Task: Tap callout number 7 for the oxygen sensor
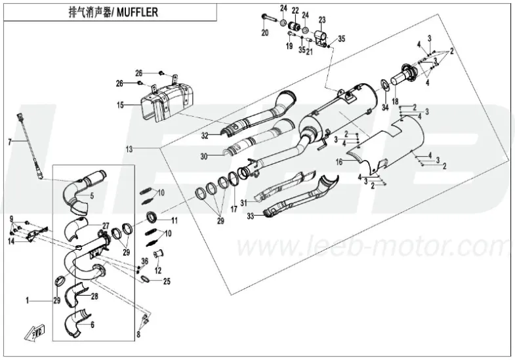coord(9,142)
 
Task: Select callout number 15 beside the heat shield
coord(120,105)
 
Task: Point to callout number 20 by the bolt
coord(265,33)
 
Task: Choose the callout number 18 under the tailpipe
coord(395,101)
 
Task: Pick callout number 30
coord(204,156)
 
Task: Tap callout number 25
coord(167,281)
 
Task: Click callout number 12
coord(157,270)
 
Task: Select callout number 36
coord(144,260)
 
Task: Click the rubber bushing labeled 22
coord(296,27)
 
